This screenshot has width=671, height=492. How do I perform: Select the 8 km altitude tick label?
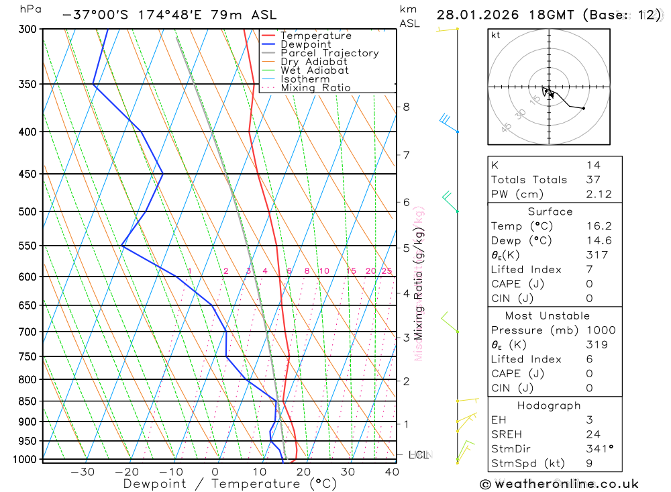(x=406, y=107)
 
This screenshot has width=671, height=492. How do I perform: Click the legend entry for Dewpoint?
(x=306, y=44)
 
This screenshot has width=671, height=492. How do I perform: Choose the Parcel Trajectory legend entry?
(x=329, y=53)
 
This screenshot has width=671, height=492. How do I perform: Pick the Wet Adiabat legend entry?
(x=315, y=70)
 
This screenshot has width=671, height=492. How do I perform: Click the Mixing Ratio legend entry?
(x=315, y=88)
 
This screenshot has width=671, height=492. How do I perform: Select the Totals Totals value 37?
(x=593, y=179)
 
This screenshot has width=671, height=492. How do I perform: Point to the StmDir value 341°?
(x=599, y=448)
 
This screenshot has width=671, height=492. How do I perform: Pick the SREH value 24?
(x=593, y=434)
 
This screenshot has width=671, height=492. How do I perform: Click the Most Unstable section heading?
(x=547, y=315)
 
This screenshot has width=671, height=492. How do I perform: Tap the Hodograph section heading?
(x=549, y=405)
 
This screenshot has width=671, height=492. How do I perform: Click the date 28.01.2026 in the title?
(x=474, y=15)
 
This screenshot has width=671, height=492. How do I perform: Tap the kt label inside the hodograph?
(x=496, y=36)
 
